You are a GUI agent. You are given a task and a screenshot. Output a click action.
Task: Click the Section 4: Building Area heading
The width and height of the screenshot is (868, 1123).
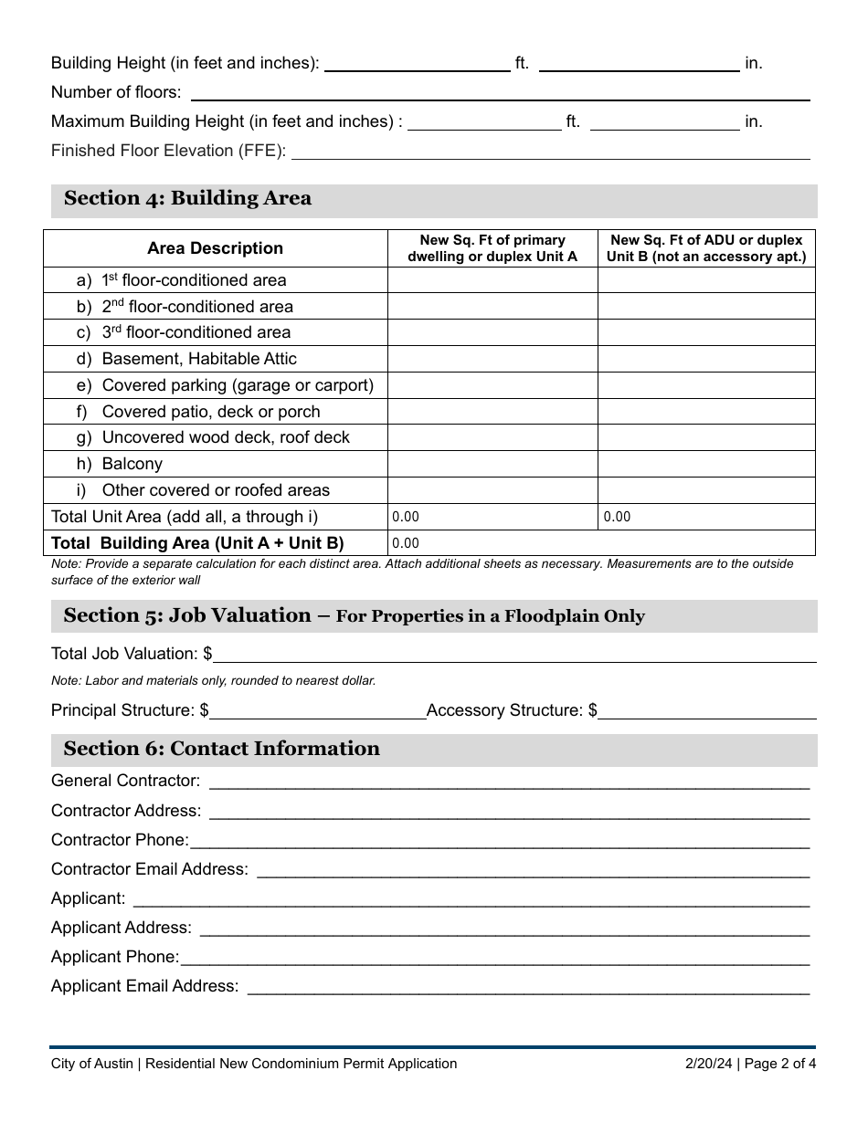click(x=187, y=199)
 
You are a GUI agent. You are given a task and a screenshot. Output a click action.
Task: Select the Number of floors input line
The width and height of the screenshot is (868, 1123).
click(x=500, y=92)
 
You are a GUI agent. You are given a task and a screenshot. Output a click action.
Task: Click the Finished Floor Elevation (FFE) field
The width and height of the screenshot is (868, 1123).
click(x=549, y=151)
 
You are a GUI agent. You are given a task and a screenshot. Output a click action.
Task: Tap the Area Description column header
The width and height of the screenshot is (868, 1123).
click(x=215, y=248)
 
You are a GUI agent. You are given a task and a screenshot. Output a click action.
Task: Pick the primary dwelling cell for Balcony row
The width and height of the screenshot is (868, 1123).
click(x=492, y=464)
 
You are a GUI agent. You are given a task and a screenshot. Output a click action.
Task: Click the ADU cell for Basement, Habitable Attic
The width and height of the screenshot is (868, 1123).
click(x=706, y=359)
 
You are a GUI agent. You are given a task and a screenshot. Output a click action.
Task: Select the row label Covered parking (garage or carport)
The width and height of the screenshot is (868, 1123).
click(x=237, y=385)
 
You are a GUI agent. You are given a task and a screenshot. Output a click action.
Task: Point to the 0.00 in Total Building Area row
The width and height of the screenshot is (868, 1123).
click(x=406, y=543)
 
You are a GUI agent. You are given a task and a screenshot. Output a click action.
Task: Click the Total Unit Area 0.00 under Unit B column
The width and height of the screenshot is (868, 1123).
click(x=617, y=517)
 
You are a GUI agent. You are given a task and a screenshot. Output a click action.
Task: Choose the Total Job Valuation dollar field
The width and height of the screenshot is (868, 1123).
click(x=514, y=654)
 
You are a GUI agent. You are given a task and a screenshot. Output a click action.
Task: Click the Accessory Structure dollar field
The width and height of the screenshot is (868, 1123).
click(x=707, y=710)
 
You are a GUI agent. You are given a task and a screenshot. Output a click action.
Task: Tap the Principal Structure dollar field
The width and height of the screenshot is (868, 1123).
click(x=318, y=710)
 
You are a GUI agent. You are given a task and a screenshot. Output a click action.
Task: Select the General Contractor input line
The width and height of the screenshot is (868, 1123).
click(x=509, y=782)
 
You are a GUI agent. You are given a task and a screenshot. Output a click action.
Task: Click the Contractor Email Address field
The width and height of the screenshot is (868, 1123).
click(x=533, y=869)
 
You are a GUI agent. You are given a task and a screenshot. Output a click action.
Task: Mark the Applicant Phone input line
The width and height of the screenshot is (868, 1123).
click(x=494, y=957)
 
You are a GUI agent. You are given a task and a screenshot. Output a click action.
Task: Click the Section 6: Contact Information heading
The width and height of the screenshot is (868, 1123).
click(x=221, y=749)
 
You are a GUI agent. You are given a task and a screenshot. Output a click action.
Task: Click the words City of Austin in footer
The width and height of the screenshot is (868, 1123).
click(x=92, y=1064)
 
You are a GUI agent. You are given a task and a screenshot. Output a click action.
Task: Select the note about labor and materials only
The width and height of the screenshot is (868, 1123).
click(x=213, y=680)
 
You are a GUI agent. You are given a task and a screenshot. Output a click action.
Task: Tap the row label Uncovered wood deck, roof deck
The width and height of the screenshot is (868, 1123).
click(x=225, y=437)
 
